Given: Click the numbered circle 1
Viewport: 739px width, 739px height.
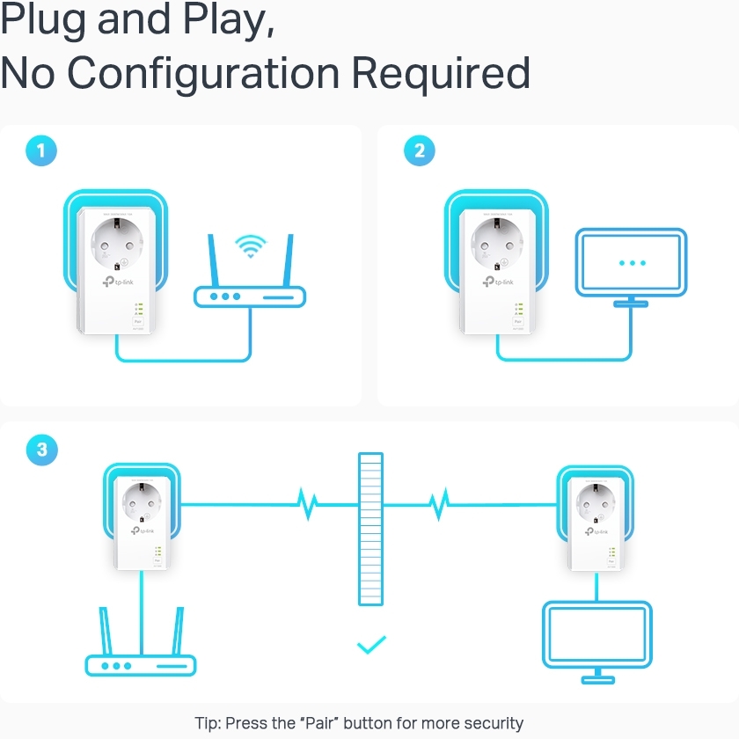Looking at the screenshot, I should point(41,150).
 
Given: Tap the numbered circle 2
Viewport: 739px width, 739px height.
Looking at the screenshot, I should point(419,150).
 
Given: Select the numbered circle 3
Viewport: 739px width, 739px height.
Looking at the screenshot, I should point(41,450).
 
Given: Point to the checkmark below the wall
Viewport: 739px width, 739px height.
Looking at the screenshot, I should point(371,646).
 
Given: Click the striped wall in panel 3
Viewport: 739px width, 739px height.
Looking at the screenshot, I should point(371,529).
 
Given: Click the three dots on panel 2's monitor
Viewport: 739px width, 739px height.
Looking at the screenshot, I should point(632,263).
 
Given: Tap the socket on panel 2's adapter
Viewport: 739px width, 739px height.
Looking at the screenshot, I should point(496,242).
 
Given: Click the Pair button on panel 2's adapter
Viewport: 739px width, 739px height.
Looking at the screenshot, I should point(518,322).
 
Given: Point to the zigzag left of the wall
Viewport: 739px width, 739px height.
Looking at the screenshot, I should point(307,505).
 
